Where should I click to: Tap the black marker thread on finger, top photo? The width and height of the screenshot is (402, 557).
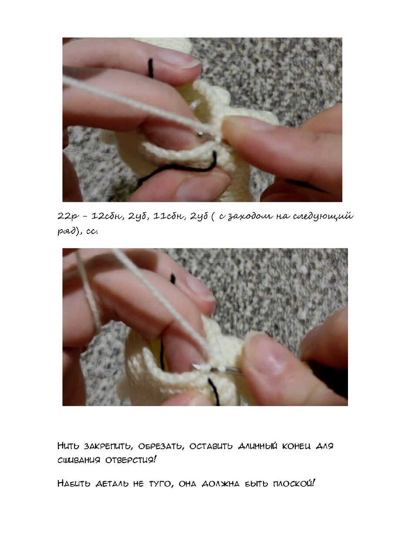(x=150, y=68)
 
